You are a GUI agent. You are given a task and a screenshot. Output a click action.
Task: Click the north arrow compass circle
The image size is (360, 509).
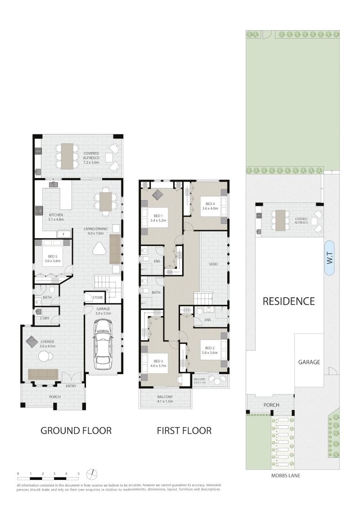(92, 474)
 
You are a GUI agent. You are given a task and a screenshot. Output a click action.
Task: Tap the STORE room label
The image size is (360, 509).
(98, 298)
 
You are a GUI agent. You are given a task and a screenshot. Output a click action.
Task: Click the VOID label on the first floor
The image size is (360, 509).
(213, 264)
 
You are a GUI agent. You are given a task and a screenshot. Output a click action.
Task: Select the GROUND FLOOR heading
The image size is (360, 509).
(76, 431)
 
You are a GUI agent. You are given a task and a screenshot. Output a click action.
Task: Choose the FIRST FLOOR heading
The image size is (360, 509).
(184, 431)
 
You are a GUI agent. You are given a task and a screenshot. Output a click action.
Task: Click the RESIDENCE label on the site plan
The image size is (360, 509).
(289, 301)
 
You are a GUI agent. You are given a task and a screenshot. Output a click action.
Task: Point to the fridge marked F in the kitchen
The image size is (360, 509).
(63, 234)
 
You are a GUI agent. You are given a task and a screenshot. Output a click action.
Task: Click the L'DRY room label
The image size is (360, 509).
(45, 318)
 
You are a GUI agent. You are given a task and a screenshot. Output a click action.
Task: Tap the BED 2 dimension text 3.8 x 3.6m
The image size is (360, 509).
(210, 353)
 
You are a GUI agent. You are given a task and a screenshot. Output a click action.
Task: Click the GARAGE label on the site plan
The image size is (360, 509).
(309, 362)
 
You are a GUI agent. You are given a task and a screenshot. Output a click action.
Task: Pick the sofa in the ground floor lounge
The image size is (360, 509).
(43, 374)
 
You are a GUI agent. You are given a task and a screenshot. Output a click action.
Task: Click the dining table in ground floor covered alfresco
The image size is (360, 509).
(67, 156)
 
